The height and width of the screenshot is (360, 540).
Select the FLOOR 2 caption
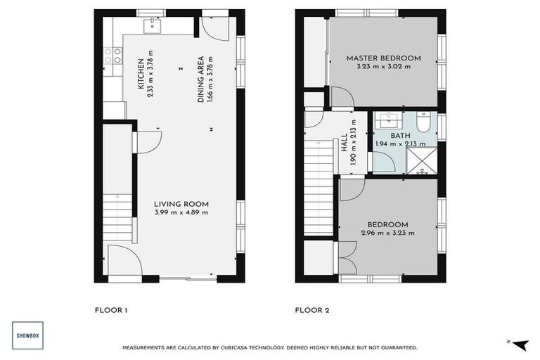(x=312, y=309)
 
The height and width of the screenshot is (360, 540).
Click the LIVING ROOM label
(x=181, y=204)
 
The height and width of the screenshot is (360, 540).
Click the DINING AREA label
(x=200, y=79)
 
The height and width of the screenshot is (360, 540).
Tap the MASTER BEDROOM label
(x=383, y=58)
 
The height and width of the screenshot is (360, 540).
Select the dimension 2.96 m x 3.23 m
(x=387, y=233)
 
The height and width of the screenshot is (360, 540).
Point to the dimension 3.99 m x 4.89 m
(x=181, y=212)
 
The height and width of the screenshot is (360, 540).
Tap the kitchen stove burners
(x=109, y=56)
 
